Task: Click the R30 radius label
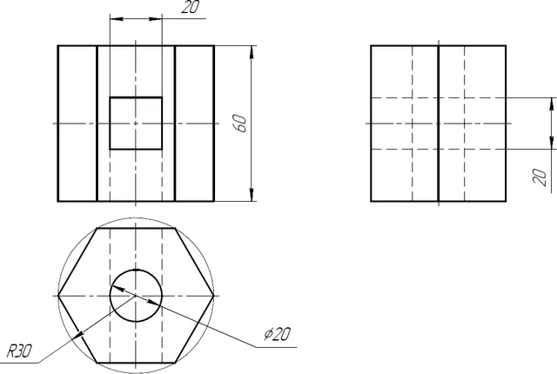[19, 351]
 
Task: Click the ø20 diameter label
[277, 334]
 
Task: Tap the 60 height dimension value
[241, 124]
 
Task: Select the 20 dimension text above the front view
[191, 7]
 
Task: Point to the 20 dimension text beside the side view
[540, 177]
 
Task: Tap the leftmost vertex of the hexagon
[58, 295]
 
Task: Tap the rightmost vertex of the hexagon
[214, 295]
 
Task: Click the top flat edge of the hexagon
[136, 229]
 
